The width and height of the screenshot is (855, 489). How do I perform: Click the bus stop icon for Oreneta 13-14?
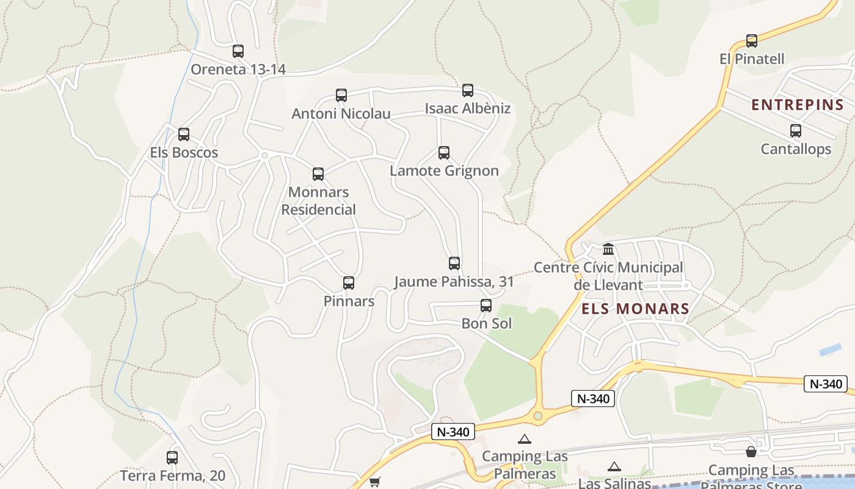[x=238, y=51]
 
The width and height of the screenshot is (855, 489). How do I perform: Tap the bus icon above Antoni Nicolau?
[x=341, y=95]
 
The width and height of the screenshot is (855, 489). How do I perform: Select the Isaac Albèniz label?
[x=468, y=109]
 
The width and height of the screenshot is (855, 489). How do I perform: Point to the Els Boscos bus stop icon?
[x=184, y=134]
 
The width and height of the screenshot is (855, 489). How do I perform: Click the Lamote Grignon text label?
[x=444, y=171]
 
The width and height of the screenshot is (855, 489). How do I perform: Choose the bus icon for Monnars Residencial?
[x=318, y=174]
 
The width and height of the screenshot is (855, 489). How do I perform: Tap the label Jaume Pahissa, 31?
[x=454, y=282]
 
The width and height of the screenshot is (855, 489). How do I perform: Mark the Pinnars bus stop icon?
[x=349, y=283]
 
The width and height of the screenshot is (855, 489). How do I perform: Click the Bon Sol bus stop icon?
[x=486, y=306]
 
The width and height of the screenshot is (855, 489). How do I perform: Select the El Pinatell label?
[x=752, y=59]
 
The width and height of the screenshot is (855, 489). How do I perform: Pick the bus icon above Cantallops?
[x=795, y=131]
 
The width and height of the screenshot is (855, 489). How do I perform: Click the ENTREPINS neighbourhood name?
[x=797, y=105]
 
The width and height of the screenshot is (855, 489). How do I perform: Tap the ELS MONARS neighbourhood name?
[x=635, y=309]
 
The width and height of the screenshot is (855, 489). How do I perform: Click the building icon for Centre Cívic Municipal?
[x=608, y=249]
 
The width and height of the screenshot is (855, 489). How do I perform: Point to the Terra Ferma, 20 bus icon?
[x=172, y=457]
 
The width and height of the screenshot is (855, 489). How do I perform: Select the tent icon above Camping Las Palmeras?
[x=525, y=439]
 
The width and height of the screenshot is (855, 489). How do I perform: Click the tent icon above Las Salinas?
[x=614, y=467]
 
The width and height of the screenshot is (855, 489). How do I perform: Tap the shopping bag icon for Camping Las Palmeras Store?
[x=751, y=452]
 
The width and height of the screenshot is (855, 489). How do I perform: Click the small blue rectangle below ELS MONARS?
[x=830, y=350]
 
